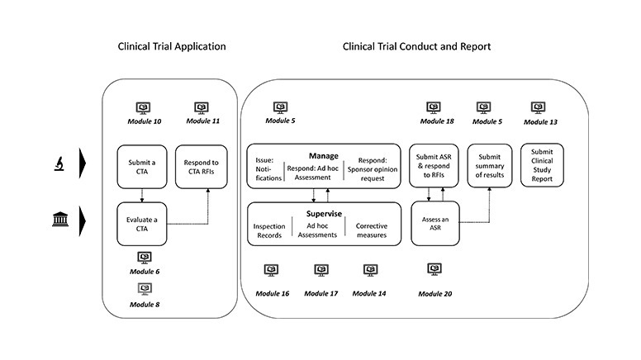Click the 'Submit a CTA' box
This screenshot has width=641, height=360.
point(142,167)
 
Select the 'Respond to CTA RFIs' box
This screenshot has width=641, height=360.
point(201,167)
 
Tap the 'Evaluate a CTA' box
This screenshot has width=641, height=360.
point(142,224)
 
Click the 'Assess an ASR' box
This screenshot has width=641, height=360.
point(435,224)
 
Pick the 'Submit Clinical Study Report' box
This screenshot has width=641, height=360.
point(542,165)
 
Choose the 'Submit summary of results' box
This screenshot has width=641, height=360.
point(490,165)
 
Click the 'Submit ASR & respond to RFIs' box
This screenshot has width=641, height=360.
point(434,165)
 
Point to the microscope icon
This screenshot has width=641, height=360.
point(59,163)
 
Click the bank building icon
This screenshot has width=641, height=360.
point(60,219)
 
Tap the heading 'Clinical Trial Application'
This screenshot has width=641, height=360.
point(172,46)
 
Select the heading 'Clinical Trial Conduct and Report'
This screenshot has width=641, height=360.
point(416,46)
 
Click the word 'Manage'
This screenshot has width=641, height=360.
point(324,156)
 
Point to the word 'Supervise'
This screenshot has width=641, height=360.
point(324,214)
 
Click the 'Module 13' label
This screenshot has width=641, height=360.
point(540,121)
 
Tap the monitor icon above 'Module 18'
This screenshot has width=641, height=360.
point(434,107)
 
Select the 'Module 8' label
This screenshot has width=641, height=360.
point(145,305)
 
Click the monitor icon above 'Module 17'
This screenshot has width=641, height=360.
point(321,270)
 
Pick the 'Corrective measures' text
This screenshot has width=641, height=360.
point(372,230)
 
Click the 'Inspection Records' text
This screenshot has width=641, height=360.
point(269,231)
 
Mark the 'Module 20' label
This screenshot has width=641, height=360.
point(435,294)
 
